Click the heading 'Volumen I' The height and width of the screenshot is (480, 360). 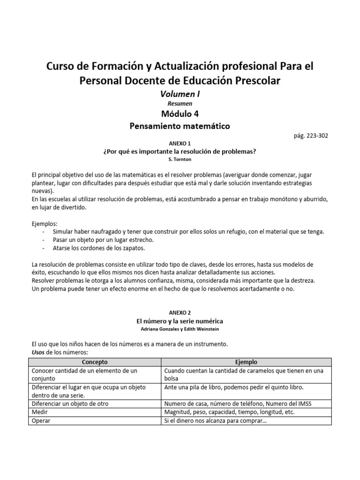[180, 94]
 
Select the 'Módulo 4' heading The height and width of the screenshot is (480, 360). [180, 113]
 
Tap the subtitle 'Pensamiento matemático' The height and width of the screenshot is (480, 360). [180, 126]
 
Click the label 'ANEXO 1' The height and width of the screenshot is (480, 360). [180, 143]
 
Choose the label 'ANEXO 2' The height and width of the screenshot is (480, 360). [180, 313]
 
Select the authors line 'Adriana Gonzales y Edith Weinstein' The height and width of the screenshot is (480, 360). [180, 329]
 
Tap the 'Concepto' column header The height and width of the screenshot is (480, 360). [95, 362]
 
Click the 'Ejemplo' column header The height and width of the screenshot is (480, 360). [246, 362]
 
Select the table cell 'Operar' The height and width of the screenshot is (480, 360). [41, 420]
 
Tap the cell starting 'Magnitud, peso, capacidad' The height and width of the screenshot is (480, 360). [229, 412]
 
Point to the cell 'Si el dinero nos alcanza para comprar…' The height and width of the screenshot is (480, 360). [216, 420]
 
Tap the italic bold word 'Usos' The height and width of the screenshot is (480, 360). [39, 352]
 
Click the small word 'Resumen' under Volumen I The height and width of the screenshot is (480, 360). [180, 104]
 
